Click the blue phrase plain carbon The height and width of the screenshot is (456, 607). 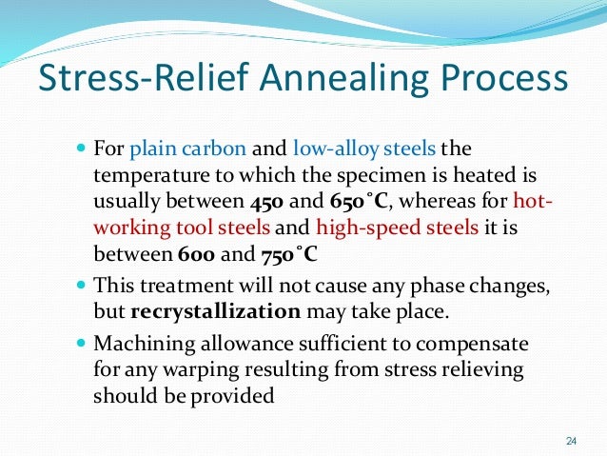[187, 149]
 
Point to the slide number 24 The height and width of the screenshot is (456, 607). [571, 440]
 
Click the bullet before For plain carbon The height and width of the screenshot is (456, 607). [80, 149]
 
